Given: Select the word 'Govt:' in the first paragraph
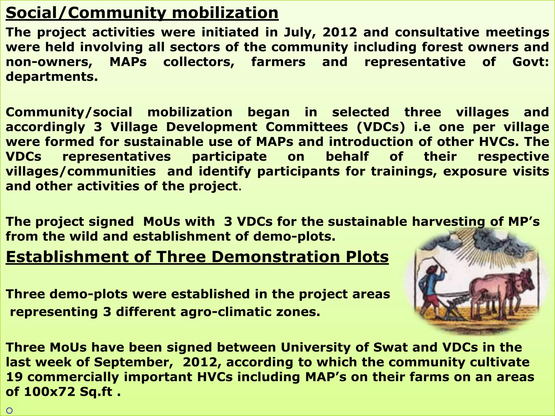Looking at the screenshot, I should coord(530,62).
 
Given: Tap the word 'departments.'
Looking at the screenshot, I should coord(52,77).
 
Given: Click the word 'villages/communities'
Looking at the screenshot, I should coord(81,171).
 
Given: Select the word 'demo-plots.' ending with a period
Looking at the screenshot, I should coord(294,236).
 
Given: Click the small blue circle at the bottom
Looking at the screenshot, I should coord(9,411).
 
